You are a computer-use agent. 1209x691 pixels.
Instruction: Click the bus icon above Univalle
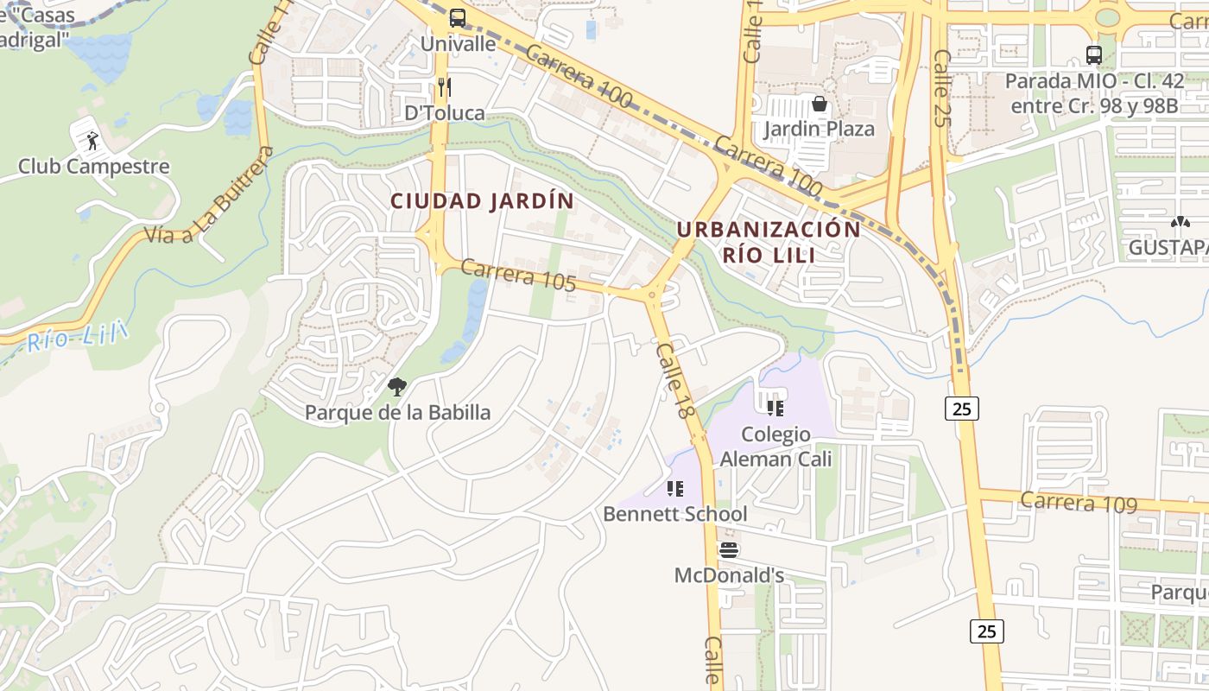click(x=457, y=17)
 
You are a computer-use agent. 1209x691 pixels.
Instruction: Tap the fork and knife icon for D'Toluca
click(x=445, y=86)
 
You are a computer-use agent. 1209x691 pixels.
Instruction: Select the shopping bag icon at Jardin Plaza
click(x=819, y=104)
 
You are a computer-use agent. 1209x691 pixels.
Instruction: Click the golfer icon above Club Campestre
click(x=92, y=139)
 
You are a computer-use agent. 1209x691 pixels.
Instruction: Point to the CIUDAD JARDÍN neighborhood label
click(x=482, y=201)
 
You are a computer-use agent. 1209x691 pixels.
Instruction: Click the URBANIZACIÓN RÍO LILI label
click(x=768, y=242)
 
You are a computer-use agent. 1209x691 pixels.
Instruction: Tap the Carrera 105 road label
click(x=518, y=276)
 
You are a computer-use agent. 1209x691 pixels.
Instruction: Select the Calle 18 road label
click(x=675, y=381)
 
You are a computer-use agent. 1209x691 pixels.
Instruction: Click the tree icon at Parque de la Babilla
click(x=397, y=387)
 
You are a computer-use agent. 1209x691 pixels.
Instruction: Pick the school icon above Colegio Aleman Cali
click(x=775, y=407)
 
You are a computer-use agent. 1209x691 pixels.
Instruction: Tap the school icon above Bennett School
click(x=675, y=489)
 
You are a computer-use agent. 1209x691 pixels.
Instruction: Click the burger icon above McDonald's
click(x=729, y=549)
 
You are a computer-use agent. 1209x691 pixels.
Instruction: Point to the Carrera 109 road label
click(x=1079, y=502)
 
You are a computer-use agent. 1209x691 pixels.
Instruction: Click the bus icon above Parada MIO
click(x=1094, y=55)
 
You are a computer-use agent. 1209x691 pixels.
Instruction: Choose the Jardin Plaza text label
click(x=819, y=130)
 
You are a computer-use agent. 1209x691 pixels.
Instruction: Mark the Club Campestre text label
click(x=94, y=166)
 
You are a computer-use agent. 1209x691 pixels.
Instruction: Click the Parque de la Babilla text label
click(x=397, y=413)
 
